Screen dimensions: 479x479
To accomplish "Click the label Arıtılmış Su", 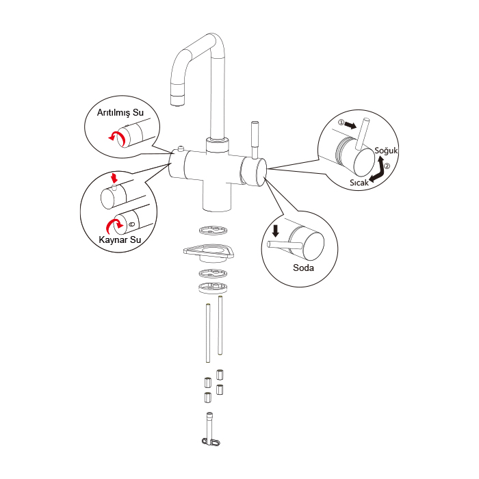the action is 120,113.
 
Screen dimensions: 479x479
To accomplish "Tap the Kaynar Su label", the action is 120,239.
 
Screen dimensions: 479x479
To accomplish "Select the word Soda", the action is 303,268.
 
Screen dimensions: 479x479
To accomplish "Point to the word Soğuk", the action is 386,151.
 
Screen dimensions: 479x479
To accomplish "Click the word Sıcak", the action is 359,183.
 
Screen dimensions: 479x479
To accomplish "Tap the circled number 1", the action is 341,122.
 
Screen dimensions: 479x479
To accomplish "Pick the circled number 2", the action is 387,166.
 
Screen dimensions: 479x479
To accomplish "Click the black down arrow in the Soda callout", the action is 276,231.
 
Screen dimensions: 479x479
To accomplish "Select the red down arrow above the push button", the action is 114,178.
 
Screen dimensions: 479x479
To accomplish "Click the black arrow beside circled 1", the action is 350,125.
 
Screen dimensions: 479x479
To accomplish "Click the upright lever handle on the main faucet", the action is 255,140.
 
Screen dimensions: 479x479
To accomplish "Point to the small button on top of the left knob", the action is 181,148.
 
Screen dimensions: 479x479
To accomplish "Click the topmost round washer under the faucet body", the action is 213,230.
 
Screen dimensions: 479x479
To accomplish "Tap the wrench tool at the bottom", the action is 210,429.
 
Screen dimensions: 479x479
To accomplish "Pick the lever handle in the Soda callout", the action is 285,245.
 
